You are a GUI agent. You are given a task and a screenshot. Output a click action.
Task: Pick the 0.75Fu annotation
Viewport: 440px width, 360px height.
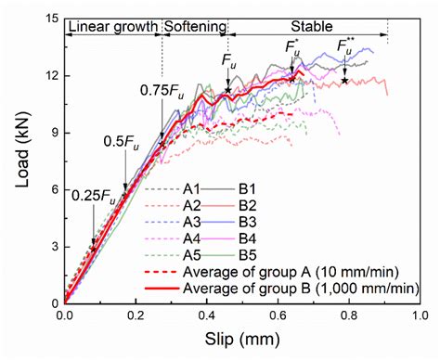(x=161, y=90)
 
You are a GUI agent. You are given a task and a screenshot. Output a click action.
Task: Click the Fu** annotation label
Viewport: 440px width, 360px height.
(x=343, y=45)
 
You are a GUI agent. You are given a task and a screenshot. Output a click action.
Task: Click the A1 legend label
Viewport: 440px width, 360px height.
(x=201, y=188)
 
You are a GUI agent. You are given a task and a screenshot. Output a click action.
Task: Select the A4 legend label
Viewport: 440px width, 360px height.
(x=201, y=238)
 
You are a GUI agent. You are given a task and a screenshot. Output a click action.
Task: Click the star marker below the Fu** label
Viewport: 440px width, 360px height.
(x=344, y=81)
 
